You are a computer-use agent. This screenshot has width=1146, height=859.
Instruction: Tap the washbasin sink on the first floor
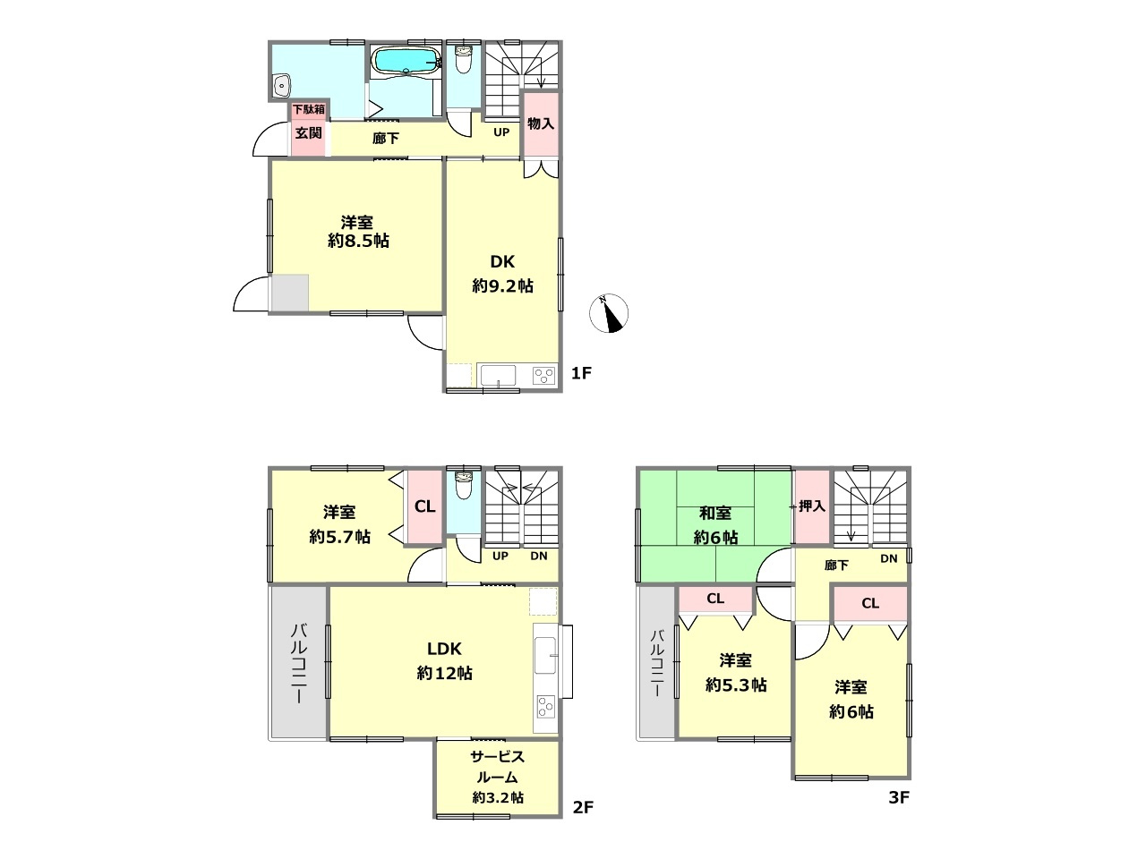281,84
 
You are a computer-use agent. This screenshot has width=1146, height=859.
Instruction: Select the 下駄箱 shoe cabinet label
308,109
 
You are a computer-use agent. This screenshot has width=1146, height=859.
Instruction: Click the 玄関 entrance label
308,133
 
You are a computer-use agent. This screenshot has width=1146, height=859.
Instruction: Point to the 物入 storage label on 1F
541,123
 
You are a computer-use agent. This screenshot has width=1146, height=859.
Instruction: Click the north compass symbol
608,313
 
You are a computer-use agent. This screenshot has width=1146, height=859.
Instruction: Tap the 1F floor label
581,373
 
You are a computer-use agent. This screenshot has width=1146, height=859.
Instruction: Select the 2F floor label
583,807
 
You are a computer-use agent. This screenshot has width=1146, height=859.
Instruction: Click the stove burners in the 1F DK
543,376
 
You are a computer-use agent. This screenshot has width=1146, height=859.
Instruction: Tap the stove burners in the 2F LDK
546,707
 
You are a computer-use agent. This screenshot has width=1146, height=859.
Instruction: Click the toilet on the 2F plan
463,485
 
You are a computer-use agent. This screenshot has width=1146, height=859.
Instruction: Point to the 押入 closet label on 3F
812,506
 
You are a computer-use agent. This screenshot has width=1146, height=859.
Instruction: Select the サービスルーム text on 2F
497,767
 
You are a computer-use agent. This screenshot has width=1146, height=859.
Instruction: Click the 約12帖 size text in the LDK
444,673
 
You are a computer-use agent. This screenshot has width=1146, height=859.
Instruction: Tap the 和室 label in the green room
714,514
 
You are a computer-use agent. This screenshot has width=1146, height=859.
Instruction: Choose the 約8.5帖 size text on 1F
358,241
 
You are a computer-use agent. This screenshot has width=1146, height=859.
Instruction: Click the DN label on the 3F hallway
889,558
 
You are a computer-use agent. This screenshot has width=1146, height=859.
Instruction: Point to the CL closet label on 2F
424,506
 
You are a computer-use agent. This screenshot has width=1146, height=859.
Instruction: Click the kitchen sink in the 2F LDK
545,655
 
